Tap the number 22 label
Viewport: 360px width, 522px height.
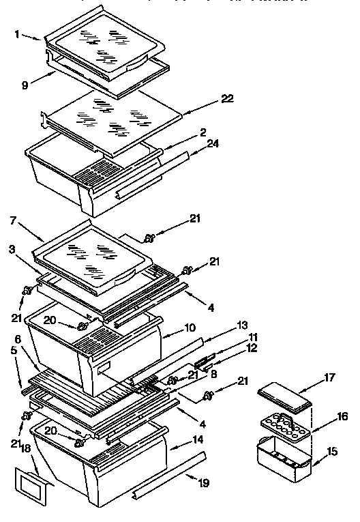pos(228,98)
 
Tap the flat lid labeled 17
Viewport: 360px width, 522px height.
pos(284,398)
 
